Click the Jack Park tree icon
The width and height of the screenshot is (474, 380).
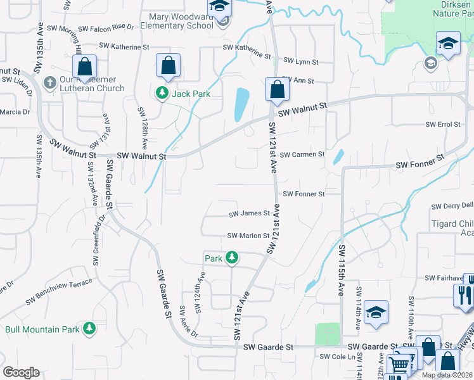tap(162, 94)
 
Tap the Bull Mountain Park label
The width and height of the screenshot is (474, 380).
tap(42, 329)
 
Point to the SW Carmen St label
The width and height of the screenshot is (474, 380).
tap(302, 155)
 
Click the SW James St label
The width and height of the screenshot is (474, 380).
tap(249, 213)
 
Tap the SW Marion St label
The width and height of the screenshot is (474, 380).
tap(248, 236)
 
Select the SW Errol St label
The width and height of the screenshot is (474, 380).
tap(442, 124)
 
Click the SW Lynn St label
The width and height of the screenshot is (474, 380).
tap(300, 61)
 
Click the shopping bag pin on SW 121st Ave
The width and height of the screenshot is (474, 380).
tap(277, 89)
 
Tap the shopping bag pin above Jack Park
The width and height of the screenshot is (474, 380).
tap(168, 65)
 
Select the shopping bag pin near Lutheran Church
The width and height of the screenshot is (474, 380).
tap(84, 66)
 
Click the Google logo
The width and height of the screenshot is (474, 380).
tap(21, 372)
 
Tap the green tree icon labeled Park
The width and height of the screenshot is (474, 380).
tap(233, 257)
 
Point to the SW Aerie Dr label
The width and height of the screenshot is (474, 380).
tap(189, 322)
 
